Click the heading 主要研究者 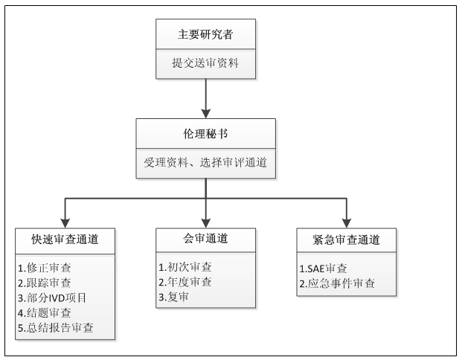tap(205, 34)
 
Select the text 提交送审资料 tap(205, 62)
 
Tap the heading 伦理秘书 tap(205, 134)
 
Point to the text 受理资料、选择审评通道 tap(205, 162)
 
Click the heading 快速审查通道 tap(65, 240)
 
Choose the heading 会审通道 tap(205, 238)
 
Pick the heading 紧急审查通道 tap(346, 240)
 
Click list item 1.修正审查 tap(45, 268)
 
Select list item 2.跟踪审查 tap(45, 283)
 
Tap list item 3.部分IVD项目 tap(52, 298)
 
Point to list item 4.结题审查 tap(45, 313)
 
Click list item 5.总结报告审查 tap(56, 328)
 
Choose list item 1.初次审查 tap(185, 267)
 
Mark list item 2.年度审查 tap(185, 282)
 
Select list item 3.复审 tap(173, 297)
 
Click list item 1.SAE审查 tap(323, 269)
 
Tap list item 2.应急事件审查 tap(337, 283)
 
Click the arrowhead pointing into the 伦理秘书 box tap(205, 114)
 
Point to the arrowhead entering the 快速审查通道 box tap(65, 223)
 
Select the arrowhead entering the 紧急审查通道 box tap(347, 223)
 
